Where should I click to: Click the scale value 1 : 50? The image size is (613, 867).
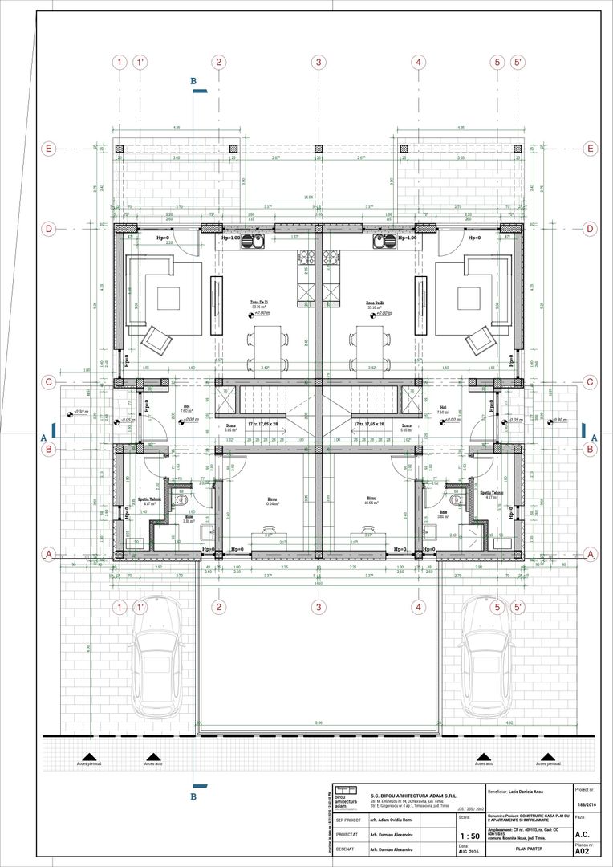[465, 835]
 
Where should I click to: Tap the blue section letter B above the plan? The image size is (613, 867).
[193, 81]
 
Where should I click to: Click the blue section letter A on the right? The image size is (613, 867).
[594, 438]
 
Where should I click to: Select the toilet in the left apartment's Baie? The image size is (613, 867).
[181, 500]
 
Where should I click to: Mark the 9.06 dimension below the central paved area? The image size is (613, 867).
[319, 722]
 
